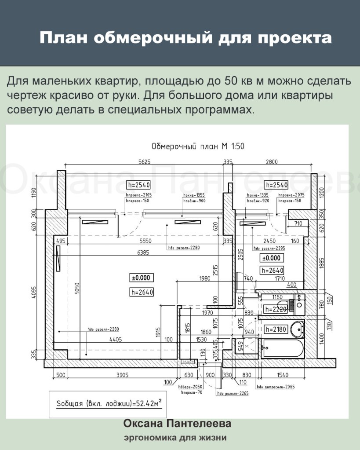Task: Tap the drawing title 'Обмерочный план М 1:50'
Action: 197,147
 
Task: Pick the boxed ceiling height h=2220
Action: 276,309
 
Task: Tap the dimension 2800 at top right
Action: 271,162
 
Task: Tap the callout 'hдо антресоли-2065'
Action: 276,387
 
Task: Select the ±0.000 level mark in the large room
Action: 141,278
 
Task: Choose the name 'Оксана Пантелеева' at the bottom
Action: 177,424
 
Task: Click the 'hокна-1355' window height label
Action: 194,195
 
